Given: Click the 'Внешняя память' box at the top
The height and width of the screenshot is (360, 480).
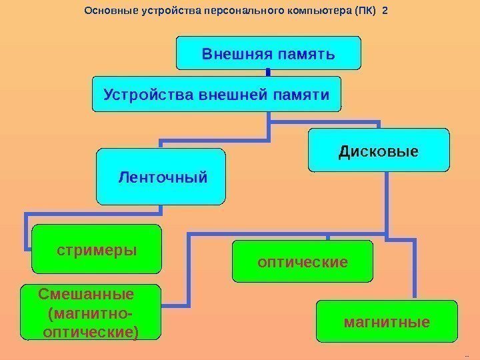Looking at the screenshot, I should [x=268, y=53].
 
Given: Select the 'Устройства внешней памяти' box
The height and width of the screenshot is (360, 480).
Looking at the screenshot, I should [x=216, y=94].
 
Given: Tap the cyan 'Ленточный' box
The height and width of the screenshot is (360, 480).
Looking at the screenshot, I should [x=161, y=177].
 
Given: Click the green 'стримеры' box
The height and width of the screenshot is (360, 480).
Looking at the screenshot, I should [x=97, y=249].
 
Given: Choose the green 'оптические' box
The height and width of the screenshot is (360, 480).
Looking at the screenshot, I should [x=302, y=261].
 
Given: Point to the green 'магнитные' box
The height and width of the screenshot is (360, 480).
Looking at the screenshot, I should [x=387, y=322].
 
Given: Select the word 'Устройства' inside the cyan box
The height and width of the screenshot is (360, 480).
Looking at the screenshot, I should [x=138, y=94].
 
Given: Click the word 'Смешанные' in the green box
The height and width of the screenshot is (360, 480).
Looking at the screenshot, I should [x=87, y=294].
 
